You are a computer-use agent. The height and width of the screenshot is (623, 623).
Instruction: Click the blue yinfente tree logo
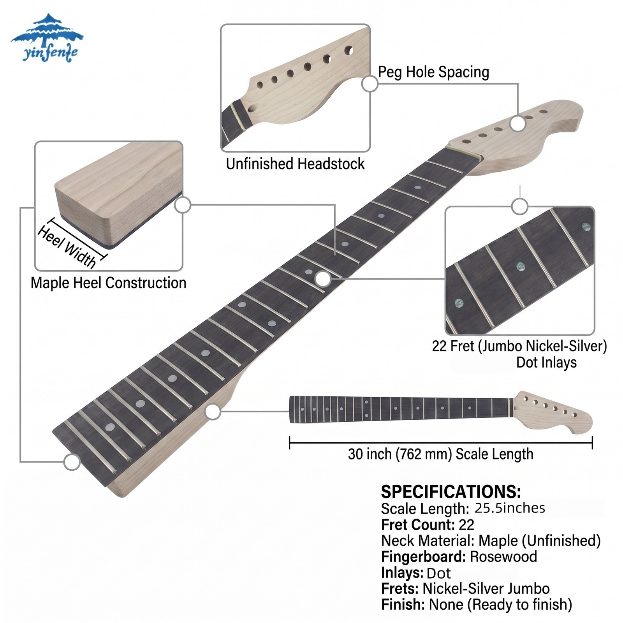pyautogui.click(x=47, y=38)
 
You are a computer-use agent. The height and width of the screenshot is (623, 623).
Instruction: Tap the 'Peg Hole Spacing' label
pyautogui.click(x=433, y=72)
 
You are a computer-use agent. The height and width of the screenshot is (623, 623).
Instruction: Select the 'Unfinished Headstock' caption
pyautogui.click(x=295, y=164)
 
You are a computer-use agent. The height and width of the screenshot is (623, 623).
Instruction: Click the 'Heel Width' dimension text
pyautogui.click(x=67, y=247)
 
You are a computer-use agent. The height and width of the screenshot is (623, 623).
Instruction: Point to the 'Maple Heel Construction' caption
pyautogui.click(x=108, y=283)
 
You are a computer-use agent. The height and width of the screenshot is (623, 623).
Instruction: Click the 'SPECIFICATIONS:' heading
pyautogui.click(x=451, y=492)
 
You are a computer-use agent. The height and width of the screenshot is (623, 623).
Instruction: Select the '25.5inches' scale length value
pyautogui.click(x=510, y=508)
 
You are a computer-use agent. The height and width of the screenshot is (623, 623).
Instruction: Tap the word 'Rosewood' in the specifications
pyautogui.click(x=503, y=557)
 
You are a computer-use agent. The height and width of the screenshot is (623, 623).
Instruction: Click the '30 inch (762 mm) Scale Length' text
pyautogui.click(x=440, y=454)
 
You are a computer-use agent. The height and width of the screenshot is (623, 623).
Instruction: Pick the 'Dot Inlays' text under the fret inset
pyautogui.click(x=546, y=363)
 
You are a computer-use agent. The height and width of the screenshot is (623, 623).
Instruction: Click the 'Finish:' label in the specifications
pyautogui.click(x=403, y=605)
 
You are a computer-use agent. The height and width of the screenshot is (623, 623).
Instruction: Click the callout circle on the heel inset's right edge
pyautogui.click(x=183, y=205)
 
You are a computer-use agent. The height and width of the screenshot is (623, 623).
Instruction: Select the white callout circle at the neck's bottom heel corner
pyautogui.click(x=72, y=462)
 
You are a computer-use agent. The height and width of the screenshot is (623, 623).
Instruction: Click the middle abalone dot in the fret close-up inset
pyautogui.click(x=521, y=266)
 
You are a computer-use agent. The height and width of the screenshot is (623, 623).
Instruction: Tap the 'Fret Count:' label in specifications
pyautogui.click(x=418, y=525)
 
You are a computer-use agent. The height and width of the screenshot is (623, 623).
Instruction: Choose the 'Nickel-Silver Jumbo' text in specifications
pyautogui.click(x=486, y=589)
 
